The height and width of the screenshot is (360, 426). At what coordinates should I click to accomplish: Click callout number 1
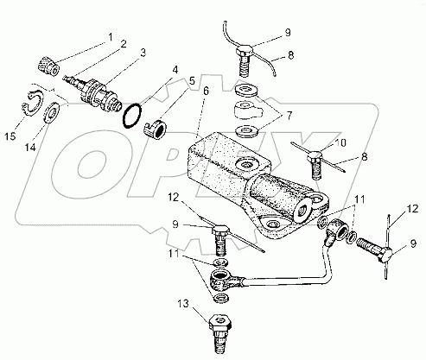pyautogui.click(x=110, y=37)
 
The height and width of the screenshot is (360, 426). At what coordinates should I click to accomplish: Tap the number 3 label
pyautogui.click(x=143, y=53)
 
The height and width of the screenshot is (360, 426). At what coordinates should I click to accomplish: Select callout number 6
pyautogui.click(x=206, y=92)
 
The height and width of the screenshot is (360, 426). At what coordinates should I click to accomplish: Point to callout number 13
pyautogui.click(x=183, y=304)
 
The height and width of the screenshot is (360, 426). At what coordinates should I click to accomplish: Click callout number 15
pyautogui.click(x=10, y=136)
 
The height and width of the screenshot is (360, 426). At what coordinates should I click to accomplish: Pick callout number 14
pyautogui.click(x=30, y=148)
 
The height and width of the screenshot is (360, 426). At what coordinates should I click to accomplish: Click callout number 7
pyautogui.click(x=289, y=116)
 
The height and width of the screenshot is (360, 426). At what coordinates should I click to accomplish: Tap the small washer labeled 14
pyautogui.click(x=52, y=113)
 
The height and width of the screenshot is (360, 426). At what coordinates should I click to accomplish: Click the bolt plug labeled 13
pyautogui.click(x=220, y=333)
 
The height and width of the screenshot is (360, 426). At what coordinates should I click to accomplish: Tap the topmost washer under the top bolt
pyautogui.click(x=246, y=90)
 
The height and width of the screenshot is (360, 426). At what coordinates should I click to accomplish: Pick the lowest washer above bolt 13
pyautogui.click(x=221, y=298)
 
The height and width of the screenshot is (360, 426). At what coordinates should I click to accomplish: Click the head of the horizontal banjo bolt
pyautogui.click(x=385, y=256)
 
